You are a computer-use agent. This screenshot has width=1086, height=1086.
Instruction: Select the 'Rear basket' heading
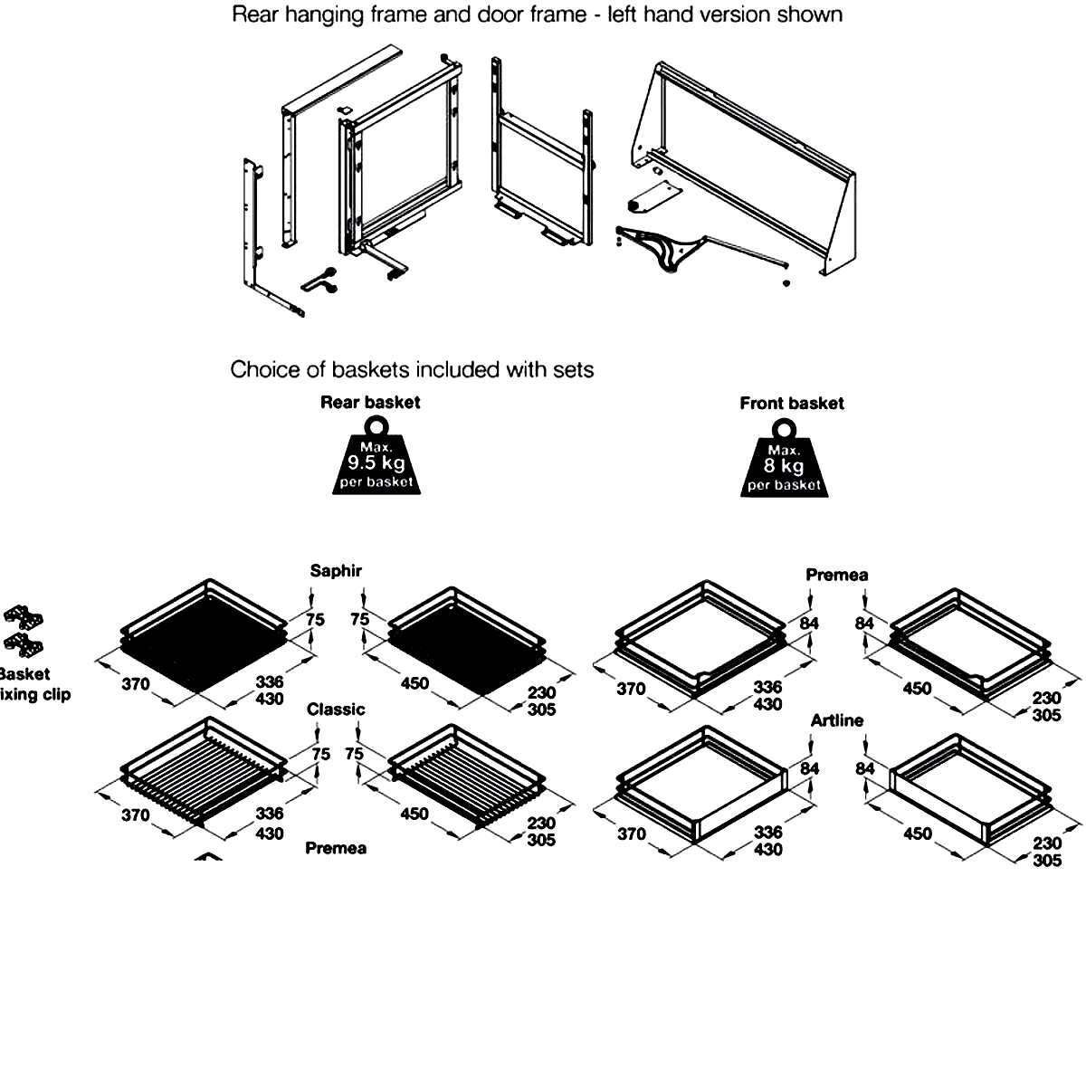[370, 403]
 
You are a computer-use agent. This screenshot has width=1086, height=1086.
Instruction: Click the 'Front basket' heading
[791, 404]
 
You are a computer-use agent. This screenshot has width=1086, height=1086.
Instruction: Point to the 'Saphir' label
[336, 571]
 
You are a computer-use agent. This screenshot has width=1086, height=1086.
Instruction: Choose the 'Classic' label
[336, 710]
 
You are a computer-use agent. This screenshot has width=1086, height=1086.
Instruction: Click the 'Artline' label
[837, 721]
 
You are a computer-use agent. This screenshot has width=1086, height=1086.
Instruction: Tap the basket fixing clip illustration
[24, 630]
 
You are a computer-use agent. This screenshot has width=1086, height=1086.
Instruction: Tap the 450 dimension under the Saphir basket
[414, 684]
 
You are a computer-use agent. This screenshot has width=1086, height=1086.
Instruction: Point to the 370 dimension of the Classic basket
[136, 815]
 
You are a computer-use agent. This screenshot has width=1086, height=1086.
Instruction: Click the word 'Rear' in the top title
[254, 14]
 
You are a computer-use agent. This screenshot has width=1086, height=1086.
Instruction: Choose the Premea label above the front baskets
[837, 576]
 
